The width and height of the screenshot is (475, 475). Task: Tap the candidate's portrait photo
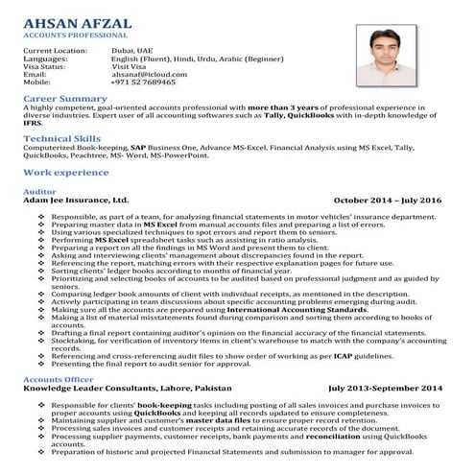(x=396, y=59)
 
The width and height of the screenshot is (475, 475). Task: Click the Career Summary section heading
(x=65, y=99)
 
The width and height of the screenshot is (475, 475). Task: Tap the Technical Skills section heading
(x=65, y=138)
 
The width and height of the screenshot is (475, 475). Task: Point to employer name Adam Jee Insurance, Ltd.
(x=75, y=202)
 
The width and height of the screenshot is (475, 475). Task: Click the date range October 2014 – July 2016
(x=387, y=202)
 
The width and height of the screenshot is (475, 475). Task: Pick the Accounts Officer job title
(x=59, y=381)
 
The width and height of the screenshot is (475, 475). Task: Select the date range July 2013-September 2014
(x=385, y=390)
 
